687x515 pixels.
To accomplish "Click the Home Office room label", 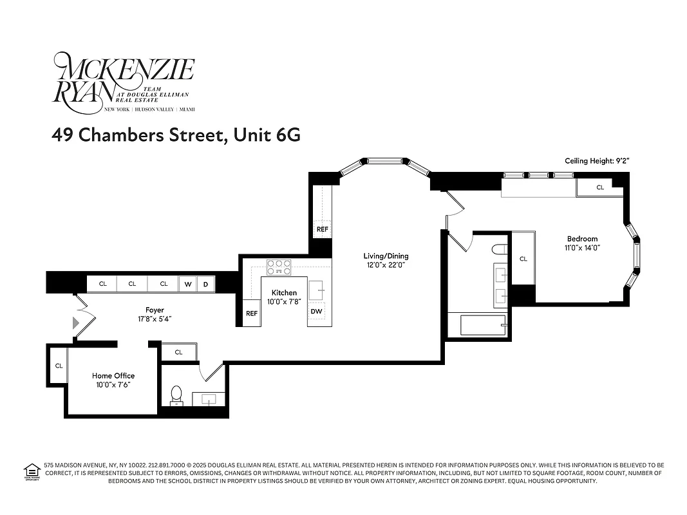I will point(113,376).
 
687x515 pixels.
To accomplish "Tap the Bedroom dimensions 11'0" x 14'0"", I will point(582,248).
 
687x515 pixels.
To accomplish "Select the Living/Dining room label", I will point(386,256).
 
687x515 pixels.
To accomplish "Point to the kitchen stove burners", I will point(279,266).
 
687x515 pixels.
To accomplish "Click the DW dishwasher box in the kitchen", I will point(316,312).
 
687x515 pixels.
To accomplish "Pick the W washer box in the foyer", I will point(189,284).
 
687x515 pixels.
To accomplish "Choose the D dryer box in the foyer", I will point(205,284).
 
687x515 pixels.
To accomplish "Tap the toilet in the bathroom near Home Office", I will point(176,395).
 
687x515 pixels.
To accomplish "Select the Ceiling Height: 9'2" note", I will point(596,161).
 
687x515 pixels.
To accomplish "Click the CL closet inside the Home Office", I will point(59,366).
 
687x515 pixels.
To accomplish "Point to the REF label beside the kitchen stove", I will point(251,314).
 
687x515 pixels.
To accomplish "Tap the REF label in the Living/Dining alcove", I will point(322,229).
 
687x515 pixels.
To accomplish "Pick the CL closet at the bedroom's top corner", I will point(599,187).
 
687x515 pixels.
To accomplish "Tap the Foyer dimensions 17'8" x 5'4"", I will point(155,319).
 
